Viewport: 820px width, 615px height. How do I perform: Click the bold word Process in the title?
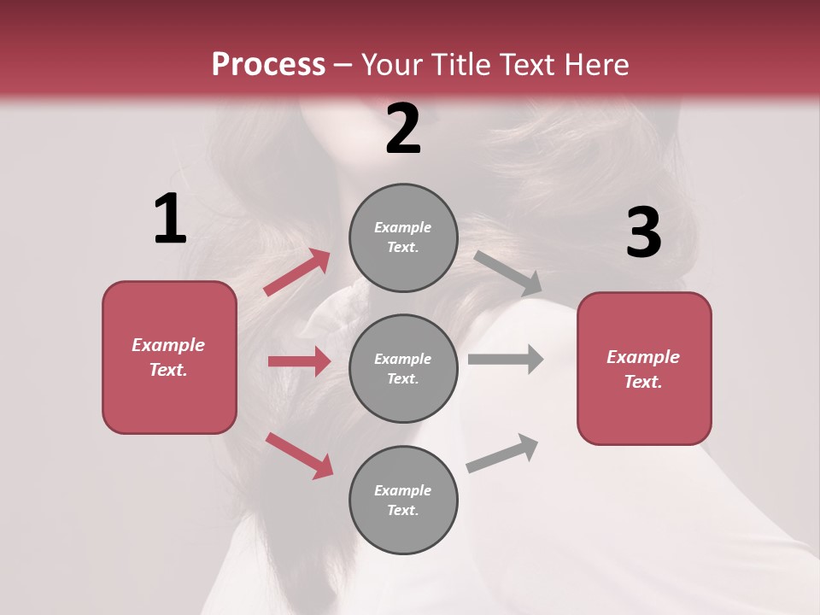(268, 64)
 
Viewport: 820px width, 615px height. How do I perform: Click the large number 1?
(170, 220)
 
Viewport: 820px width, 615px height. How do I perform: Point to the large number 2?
(403, 129)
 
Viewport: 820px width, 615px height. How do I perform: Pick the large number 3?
(643, 232)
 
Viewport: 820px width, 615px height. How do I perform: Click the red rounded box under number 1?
(169, 357)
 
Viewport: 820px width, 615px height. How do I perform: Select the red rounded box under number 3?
(644, 368)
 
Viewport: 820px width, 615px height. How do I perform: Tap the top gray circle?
(403, 237)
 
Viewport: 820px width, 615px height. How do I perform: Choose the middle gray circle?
(403, 368)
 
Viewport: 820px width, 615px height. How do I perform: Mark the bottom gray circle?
(403, 500)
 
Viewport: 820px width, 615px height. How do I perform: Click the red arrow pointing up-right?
(297, 272)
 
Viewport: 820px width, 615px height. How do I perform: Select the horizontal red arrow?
(299, 361)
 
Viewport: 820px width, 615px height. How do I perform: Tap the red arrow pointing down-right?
(299, 455)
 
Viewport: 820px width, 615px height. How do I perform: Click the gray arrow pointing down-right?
(508, 273)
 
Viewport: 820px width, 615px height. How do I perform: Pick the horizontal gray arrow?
(506, 359)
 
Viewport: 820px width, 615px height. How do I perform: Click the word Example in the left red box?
(168, 345)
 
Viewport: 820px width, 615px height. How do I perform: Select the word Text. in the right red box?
(643, 382)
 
